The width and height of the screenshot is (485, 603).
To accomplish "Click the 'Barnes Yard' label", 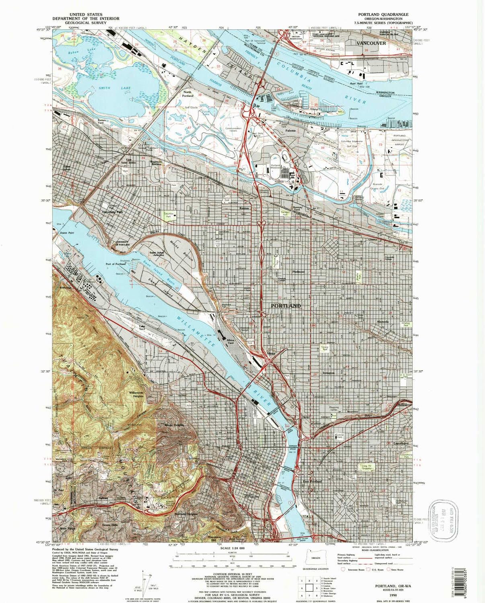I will coord(104,121).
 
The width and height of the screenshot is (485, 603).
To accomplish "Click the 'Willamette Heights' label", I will coord(136,394).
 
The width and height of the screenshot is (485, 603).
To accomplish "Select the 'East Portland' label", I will coord(312,482).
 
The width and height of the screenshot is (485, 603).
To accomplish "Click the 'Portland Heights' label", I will coord(186,514).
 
